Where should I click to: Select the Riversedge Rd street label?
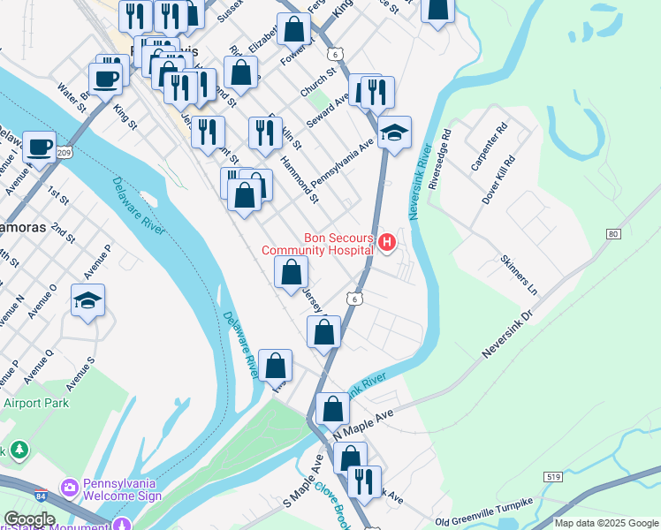pos(439,161)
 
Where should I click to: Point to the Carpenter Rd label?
pos(489,147)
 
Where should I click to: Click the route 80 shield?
pos(612,234)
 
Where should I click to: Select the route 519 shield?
pos(552,476)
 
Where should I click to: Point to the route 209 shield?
pos(63,153)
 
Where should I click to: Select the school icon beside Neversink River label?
pos(394,132)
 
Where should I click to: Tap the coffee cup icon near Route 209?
pos(38,147)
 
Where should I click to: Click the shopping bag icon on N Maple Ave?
pos(332,408)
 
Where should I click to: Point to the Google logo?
pos(28,519)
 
